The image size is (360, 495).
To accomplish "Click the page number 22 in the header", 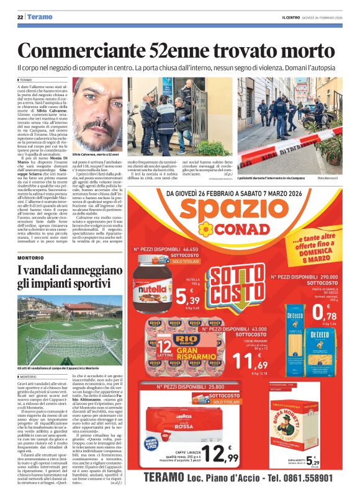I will click(x=20, y=17).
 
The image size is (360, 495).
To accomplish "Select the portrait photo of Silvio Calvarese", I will click(x=97, y=114).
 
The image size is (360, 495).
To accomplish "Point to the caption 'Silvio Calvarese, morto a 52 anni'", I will click(x=97, y=153).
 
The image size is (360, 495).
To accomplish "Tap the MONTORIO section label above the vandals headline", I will click(x=30, y=257).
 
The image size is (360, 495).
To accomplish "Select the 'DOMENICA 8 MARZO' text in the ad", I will click(x=326, y=251).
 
